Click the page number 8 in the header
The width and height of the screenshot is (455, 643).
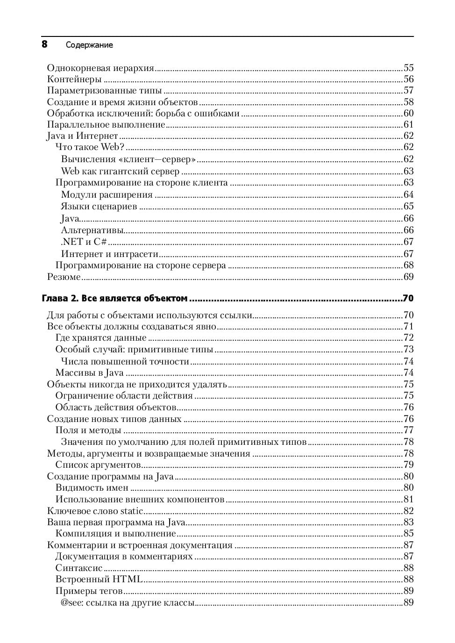(x=44, y=44)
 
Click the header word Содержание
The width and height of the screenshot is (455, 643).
(x=89, y=45)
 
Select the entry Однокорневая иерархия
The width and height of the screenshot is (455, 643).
(x=100, y=68)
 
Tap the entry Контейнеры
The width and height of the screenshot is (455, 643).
(x=74, y=79)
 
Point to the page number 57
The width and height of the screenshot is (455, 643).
(x=408, y=91)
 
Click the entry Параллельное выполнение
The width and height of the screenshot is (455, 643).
(x=106, y=125)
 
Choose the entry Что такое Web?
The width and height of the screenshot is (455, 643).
(x=90, y=147)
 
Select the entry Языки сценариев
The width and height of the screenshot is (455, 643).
(x=99, y=207)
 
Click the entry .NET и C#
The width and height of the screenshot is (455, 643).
(x=84, y=242)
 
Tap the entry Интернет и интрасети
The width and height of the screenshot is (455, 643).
(x=109, y=254)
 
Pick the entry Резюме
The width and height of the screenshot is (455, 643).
(x=64, y=277)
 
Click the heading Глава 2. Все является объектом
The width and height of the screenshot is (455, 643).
(x=114, y=298)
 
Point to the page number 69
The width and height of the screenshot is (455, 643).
(x=408, y=277)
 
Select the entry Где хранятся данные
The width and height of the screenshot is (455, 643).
(x=100, y=338)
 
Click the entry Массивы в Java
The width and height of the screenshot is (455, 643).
(x=89, y=373)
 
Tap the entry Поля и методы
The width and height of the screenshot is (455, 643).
(x=88, y=430)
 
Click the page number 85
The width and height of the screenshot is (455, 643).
(x=408, y=534)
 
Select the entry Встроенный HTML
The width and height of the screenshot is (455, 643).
(x=99, y=579)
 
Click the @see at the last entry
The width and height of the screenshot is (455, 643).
(x=70, y=603)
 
